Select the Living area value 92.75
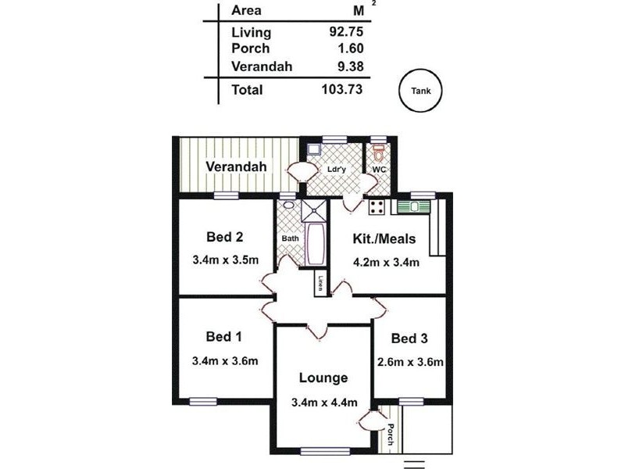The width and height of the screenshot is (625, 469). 346,31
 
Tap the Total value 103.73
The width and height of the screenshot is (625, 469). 342,89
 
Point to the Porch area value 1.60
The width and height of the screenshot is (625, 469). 350,48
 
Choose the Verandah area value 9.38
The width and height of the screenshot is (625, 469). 350,66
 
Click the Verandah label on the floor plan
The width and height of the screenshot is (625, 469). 236,166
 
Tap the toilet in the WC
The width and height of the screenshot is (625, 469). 378,152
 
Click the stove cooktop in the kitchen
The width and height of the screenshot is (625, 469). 377,207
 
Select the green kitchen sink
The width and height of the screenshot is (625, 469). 413,207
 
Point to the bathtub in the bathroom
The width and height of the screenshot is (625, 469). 316,244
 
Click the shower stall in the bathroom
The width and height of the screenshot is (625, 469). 314,210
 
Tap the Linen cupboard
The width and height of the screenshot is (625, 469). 320,283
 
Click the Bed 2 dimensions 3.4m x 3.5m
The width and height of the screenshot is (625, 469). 226,260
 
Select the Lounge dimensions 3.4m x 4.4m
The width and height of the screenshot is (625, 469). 324,403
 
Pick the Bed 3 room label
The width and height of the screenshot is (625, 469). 409,338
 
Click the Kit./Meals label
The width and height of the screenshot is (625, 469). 384,239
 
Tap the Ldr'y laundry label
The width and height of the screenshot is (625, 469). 337,170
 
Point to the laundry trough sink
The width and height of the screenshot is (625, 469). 314,150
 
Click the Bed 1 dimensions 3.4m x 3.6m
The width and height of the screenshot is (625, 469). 225,361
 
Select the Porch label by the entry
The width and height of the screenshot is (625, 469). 390,435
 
